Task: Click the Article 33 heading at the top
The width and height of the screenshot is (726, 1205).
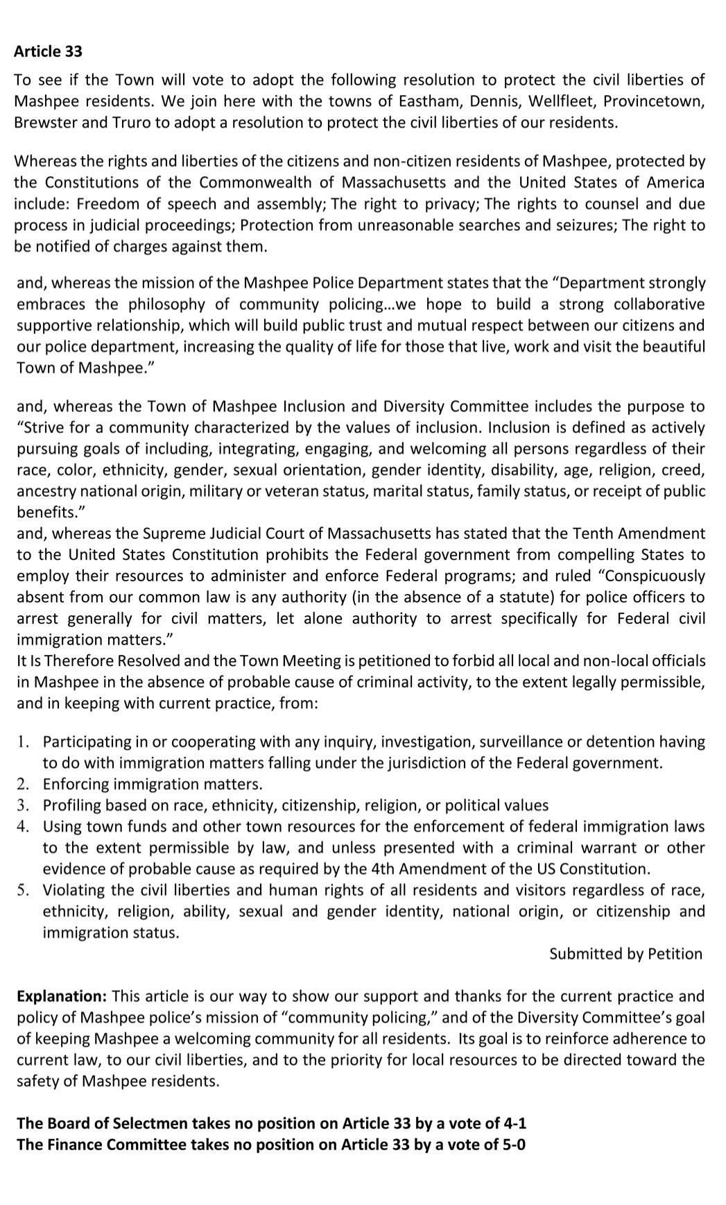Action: [48, 51]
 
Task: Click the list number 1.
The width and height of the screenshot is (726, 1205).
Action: [24, 742]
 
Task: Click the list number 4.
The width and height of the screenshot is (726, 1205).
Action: [24, 827]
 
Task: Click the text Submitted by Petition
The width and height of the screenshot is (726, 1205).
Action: [625, 954]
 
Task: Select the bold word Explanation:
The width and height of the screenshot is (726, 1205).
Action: [62, 996]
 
